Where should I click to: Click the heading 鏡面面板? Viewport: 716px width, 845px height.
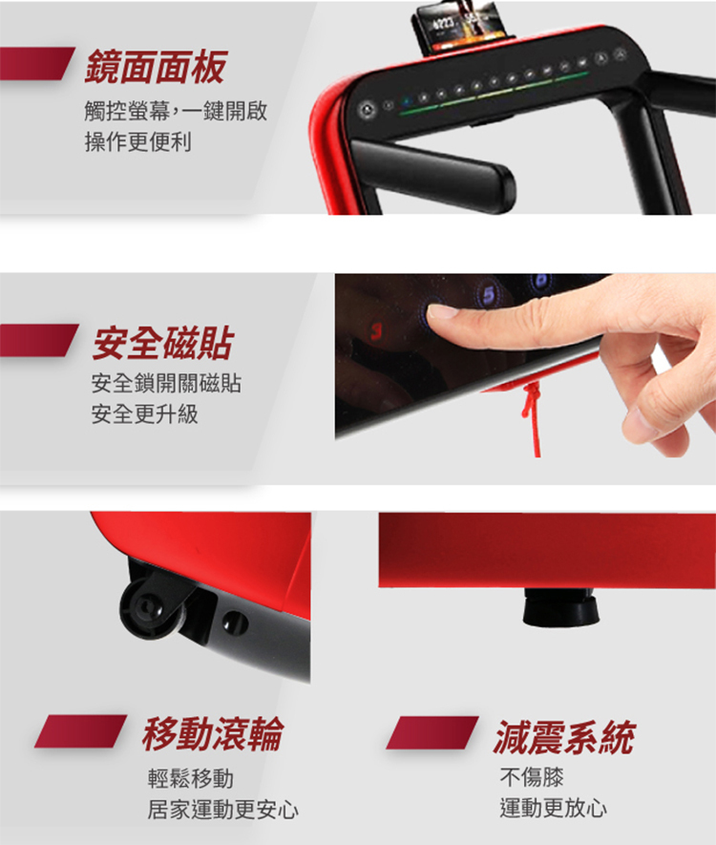click(x=155, y=68)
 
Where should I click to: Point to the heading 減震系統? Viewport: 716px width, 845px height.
click(x=564, y=736)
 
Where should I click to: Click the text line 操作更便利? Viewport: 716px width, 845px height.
click(x=143, y=143)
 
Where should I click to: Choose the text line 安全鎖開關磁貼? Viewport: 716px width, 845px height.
click(x=166, y=385)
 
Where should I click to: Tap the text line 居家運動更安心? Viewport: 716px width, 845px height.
click(x=222, y=811)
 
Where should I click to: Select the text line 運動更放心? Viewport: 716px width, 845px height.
click(x=554, y=810)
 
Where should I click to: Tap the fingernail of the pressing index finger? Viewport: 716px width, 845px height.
click(x=442, y=310)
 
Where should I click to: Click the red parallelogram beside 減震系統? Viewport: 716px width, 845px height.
click(x=432, y=733)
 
